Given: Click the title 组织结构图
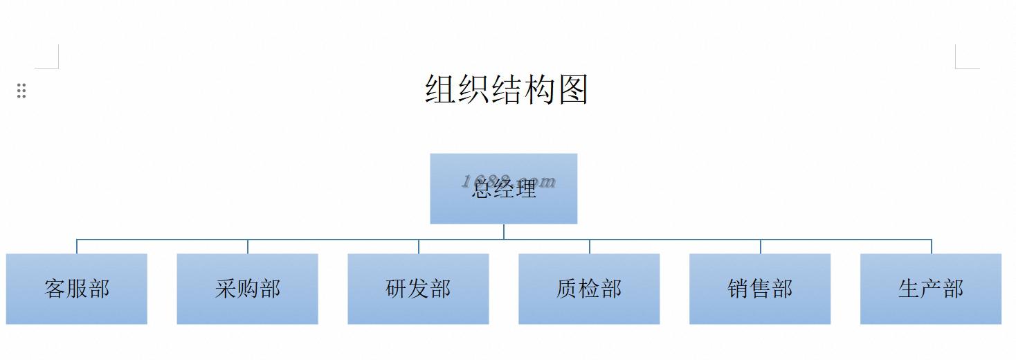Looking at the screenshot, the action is tap(507, 90).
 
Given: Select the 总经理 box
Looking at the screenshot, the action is tap(503, 188).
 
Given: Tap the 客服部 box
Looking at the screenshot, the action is tap(77, 289).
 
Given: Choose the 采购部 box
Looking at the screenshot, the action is tap(247, 289).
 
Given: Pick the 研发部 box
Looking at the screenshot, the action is tap(418, 289).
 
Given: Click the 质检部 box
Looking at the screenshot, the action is tap(589, 289).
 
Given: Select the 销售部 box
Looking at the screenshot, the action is tap(760, 289).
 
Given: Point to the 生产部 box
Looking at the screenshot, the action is tap(931, 289).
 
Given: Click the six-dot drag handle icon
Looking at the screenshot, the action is tap(21, 91).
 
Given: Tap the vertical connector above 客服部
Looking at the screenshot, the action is tap(77, 246).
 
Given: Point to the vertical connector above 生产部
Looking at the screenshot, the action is tap(932, 246).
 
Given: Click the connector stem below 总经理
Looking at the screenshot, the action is tap(504, 231).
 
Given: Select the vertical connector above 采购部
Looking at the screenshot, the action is tap(248, 246).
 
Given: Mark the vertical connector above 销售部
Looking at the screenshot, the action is tap(761, 246).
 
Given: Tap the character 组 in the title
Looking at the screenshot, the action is tap(441, 90).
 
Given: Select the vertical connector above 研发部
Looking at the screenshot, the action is tap(419, 246).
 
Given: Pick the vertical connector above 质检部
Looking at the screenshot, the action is tap(590, 246).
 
